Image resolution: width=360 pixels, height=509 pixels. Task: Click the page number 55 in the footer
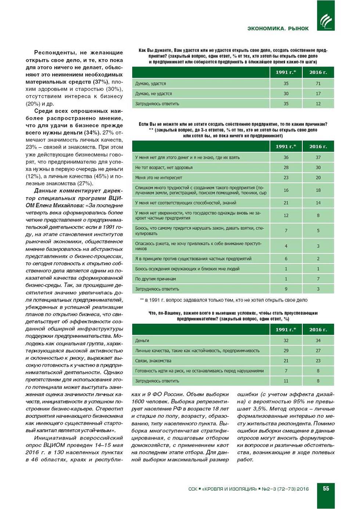pos(326,488)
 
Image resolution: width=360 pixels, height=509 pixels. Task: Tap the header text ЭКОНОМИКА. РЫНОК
pos(278,28)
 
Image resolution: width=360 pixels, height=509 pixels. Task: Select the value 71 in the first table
pos(318,83)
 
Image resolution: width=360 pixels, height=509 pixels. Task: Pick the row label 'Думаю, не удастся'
pos(154,94)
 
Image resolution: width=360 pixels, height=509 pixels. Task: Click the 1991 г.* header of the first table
pos(286,72)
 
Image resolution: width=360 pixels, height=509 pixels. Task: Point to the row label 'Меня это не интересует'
pos(159,178)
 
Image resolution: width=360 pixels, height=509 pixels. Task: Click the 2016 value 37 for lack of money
pos(318,157)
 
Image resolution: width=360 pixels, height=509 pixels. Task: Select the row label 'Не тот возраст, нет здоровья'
pos(164,168)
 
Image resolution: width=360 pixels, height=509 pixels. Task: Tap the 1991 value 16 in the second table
pos(286,190)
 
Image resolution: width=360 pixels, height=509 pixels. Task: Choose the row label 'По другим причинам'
pos(155,279)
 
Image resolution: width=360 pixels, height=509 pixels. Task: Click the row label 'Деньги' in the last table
pos(142,341)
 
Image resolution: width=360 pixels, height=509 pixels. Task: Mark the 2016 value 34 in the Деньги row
pos(318,341)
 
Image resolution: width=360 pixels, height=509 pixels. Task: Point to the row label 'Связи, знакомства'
pos(153,361)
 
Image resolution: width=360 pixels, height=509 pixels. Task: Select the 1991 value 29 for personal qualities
pos(286,351)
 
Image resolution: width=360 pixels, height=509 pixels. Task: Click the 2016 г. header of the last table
pos(318,329)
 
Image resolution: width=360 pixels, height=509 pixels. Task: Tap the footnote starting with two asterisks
pos(224,300)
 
